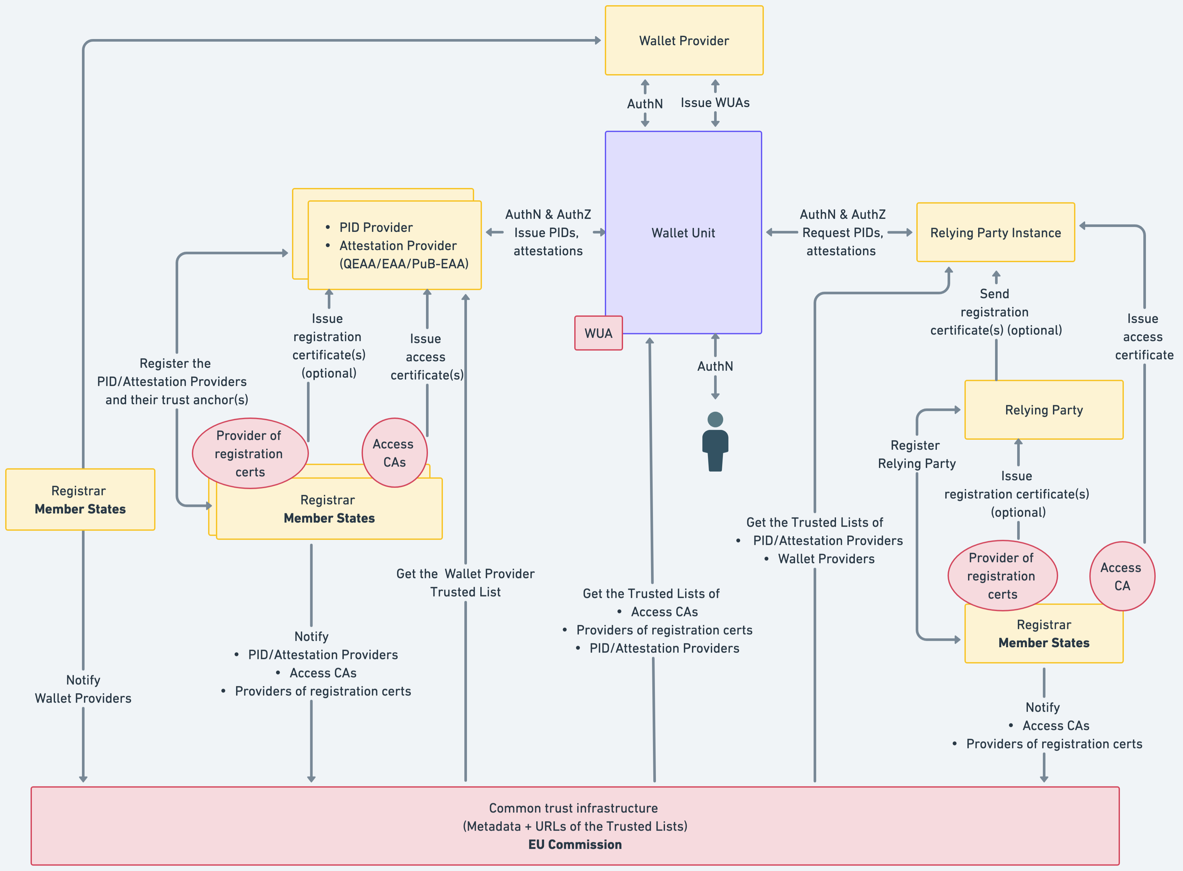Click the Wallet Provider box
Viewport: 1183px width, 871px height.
pos(684,41)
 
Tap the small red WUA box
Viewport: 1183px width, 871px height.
pos(598,333)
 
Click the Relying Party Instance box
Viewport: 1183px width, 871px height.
pos(995,233)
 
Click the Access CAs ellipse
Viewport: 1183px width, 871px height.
pos(394,453)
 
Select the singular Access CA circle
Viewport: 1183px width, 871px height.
pos(1122,576)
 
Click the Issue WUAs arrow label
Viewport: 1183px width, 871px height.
pos(715,103)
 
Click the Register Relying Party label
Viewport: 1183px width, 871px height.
pos(916,454)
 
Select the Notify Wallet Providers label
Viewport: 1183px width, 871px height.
pos(83,689)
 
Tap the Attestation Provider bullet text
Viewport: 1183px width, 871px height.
pos(398,246)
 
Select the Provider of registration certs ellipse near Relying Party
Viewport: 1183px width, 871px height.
pos(1002,576)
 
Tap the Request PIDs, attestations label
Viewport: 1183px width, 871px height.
pos(842,241)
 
